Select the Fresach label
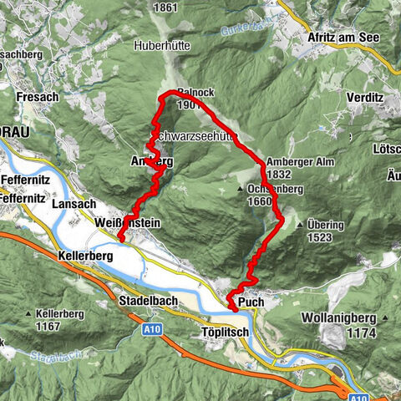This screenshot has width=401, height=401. click(x=37, y=97)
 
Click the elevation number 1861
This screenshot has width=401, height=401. click(x=166, y=8)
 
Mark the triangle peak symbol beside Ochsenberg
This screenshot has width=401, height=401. click(x=241, y=190)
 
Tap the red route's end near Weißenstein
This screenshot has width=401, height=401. click(x=119, y=241)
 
